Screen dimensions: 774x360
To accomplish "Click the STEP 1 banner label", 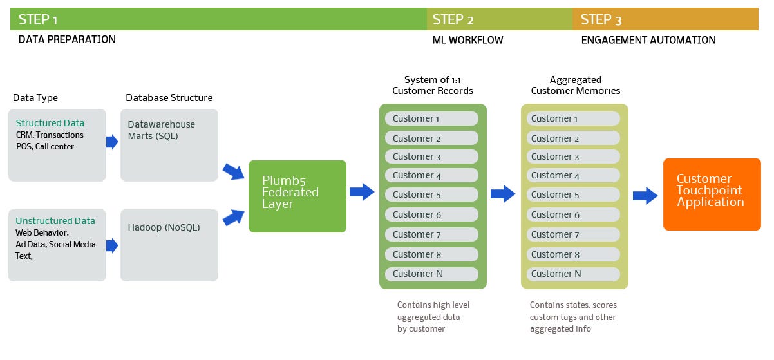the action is coord(38,20).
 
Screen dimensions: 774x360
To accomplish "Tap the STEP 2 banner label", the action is coord(453,20).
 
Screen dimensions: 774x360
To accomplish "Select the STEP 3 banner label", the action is coord(601,20).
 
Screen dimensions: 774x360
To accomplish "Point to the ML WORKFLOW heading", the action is coord(468,40).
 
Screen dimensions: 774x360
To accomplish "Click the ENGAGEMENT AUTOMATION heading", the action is coord(648,40).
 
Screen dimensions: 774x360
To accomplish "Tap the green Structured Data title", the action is coord(50,123).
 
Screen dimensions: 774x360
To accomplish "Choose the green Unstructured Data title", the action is coord(55,221).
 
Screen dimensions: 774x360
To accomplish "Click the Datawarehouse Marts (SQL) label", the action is coord(162,130).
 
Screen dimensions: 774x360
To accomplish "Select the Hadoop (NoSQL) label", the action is coord(164,227).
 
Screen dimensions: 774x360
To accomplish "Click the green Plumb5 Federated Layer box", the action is coord(297,196).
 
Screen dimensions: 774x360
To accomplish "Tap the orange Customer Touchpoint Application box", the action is coord(712,194).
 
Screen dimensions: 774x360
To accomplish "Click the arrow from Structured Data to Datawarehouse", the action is coord(112,142).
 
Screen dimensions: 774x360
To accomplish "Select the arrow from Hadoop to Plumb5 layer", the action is coord(234,218).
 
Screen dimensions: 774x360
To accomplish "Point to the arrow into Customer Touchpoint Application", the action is coord(645,196).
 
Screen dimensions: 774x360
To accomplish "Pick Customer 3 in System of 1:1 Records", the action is coord(431,156).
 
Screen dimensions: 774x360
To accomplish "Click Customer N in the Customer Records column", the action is coord(431,274).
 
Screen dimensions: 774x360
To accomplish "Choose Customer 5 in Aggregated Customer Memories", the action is coord(573,195).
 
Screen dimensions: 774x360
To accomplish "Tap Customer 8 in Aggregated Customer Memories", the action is coord(573,254).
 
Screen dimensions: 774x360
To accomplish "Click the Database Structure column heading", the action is coord(169,98).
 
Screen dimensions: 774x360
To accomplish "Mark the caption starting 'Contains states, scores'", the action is coord(573,317).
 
